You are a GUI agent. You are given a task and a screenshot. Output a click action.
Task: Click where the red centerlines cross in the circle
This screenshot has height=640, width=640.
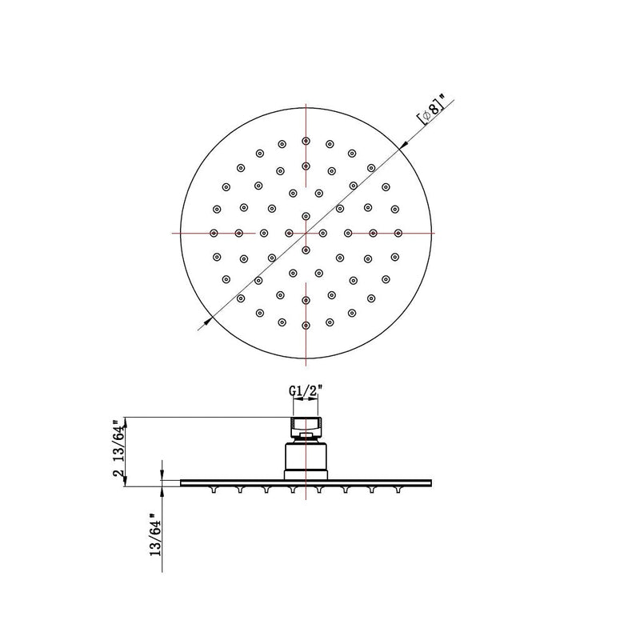click(x=306, y=233)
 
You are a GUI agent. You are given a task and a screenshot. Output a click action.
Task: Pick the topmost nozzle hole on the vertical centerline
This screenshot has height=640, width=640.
click(x=306, y=141)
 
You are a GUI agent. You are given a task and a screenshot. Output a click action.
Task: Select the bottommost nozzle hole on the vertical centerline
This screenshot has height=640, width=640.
click(x=306, y=325)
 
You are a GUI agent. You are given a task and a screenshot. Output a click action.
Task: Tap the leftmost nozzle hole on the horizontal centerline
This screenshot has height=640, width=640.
click(x=214, y=233)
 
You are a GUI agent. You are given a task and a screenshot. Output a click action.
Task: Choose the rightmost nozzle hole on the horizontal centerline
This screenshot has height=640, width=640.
click(x=398, y=233)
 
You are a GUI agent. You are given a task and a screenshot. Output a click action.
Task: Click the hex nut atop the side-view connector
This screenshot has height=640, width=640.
click(x=305, y=424)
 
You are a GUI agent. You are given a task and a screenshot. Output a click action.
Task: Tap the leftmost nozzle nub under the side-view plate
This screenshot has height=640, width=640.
click(x=213, y=489)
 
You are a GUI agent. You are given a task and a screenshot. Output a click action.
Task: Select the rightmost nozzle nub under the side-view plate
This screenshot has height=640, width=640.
click(x=398, y=489)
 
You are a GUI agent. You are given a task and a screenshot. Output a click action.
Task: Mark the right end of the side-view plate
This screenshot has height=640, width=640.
click(x=431, y=482)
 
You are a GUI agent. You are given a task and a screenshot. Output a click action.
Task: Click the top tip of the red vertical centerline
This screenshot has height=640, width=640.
click(x=306, y=104)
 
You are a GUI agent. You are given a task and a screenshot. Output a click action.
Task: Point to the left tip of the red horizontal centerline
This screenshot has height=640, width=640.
click(x=173, y=233)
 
